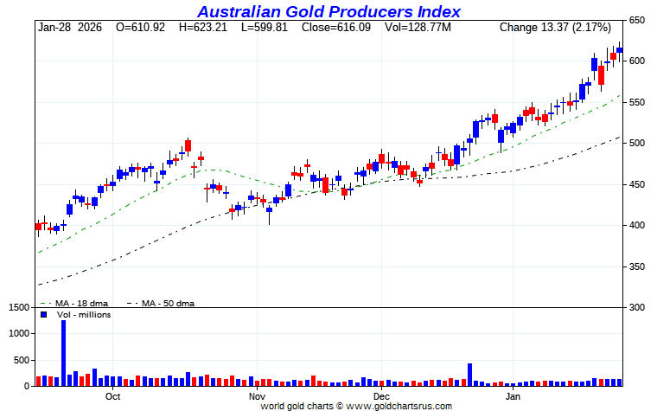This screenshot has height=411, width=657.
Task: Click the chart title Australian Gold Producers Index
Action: coord(328,11)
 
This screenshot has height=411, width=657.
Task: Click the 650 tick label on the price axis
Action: coord(637,20)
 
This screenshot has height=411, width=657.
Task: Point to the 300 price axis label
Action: coord(637,307)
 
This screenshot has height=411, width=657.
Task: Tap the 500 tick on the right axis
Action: coord(637,143)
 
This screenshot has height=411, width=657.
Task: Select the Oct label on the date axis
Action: coord(112,396)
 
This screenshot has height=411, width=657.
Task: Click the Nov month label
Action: coord(257,396)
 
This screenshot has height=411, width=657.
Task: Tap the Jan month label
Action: coord(513,396)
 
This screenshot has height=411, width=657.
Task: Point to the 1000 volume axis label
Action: coord(19,333)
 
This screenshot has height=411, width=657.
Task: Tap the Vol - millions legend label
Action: coord(83,315)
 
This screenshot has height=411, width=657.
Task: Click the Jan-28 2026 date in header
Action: coord(69,28)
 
